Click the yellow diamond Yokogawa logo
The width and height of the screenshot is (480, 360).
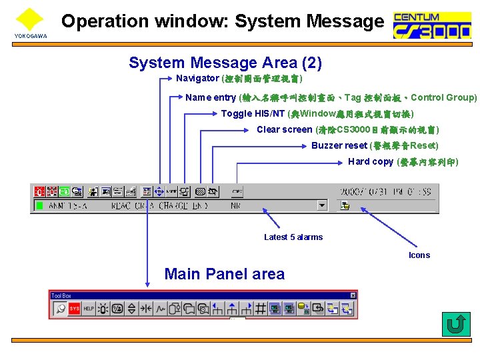(29, 19)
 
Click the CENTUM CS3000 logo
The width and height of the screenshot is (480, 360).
(431, 25)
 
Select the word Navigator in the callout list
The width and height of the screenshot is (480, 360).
(197, 79)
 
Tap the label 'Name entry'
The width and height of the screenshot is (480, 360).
(211, 98)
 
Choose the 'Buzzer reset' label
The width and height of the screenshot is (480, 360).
(339, 146)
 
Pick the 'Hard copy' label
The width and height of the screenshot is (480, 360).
(371, 162)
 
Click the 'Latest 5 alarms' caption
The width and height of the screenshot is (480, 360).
(293, 237)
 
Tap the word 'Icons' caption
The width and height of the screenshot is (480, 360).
(419, 255)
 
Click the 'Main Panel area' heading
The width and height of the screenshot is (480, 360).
(224, 274)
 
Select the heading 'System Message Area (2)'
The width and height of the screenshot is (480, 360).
(225, 63)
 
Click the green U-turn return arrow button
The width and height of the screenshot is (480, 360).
(456, 325)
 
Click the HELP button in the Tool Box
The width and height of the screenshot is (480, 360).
(89, 309)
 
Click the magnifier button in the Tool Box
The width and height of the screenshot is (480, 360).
(59, 309)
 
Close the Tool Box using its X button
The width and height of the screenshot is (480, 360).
(353, 295)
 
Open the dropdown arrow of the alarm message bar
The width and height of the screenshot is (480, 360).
(322, 206)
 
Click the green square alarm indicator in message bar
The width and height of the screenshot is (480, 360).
(39, 206)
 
